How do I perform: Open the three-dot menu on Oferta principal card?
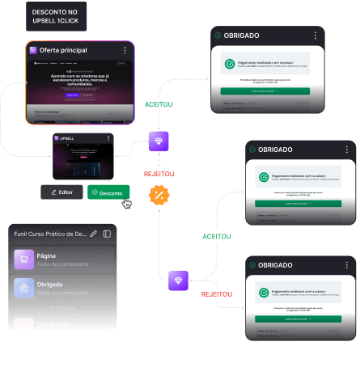pyautogui.click(x=124, y=50)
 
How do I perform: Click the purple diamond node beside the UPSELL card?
pyautogui.click(x=159, y=141)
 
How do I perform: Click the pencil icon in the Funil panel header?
pyautogui.click(x=94, y=234)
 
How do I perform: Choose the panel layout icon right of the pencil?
pyautogui.click(x=108, y=234)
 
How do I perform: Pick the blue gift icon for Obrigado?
pyautogui.click(x=23, y=287)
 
